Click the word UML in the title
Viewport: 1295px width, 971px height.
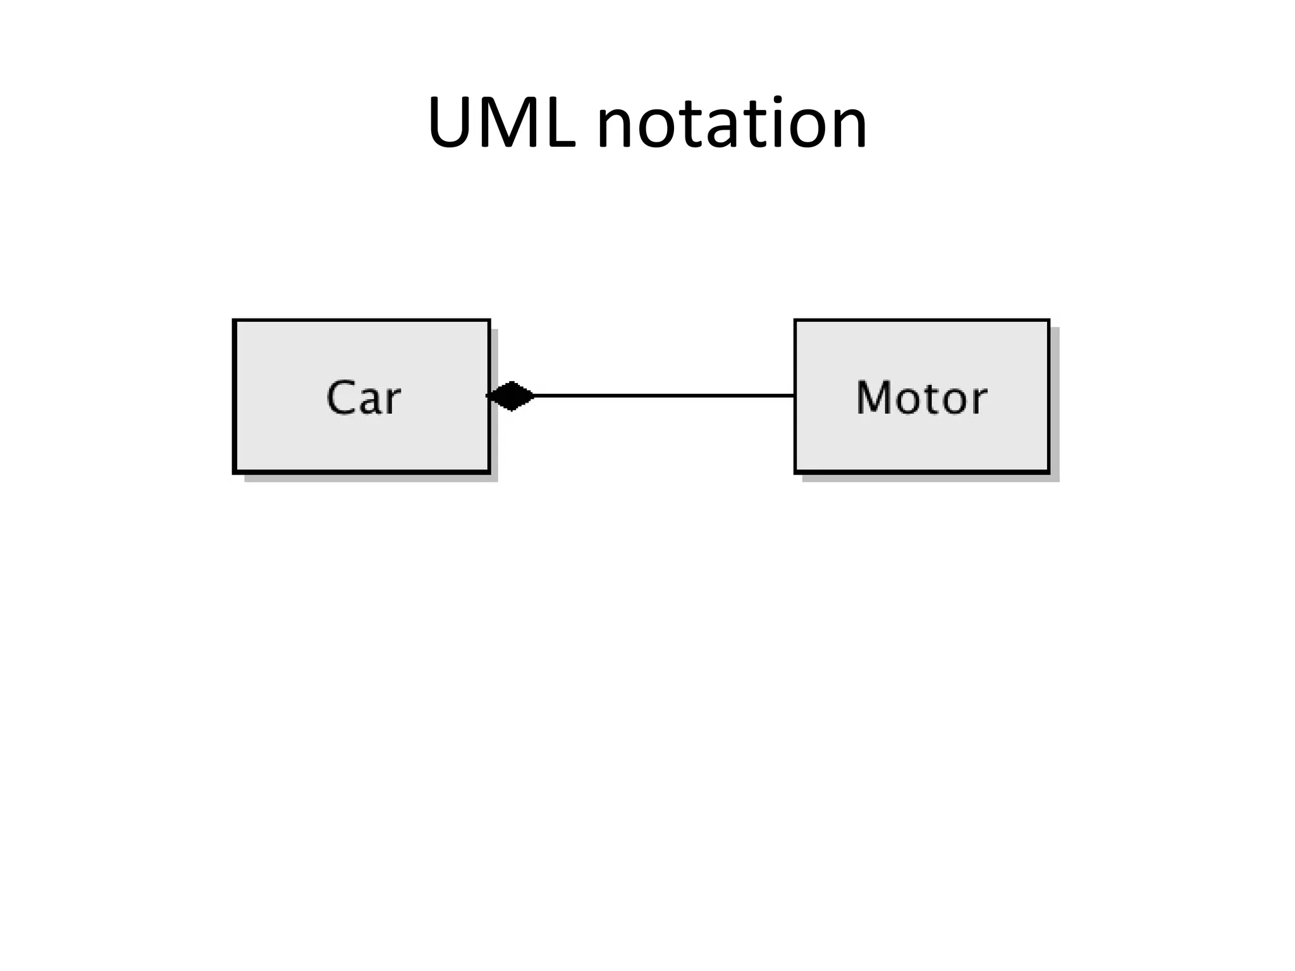click(501, 123)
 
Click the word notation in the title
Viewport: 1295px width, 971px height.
click(732, 123)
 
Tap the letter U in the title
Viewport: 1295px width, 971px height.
click(451, 123)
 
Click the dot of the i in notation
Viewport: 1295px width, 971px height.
click(777, 99)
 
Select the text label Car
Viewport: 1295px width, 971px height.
click(363, 398)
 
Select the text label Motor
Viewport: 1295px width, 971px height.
click(921, 398)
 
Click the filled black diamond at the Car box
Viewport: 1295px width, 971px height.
click(511, 396)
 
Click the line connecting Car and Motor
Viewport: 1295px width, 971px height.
click(664, 396)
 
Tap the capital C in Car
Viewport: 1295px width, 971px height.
click(340, 398)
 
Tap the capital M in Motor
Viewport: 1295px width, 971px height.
click(873, 398)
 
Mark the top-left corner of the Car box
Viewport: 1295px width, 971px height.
click(235, 321)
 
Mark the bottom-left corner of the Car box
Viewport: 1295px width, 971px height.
click(235, 472)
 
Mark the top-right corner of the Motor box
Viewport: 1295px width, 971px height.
click(1048, 321)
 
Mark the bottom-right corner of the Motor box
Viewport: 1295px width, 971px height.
click(1048, 472)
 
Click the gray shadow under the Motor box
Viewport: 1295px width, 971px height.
click(930, 478)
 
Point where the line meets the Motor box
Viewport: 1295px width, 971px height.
click(794, 396)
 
